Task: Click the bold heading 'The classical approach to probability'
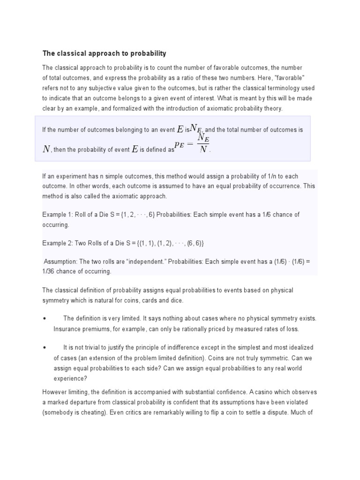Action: [x=104, y=53]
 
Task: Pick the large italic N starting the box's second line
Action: [x=46, y=149]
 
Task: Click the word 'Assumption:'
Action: [x=60, y=262]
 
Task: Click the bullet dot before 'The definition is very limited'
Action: [x=44, y=318]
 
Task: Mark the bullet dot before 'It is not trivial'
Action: [x=44, y=347]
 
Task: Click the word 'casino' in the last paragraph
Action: [x=266, y=392]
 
